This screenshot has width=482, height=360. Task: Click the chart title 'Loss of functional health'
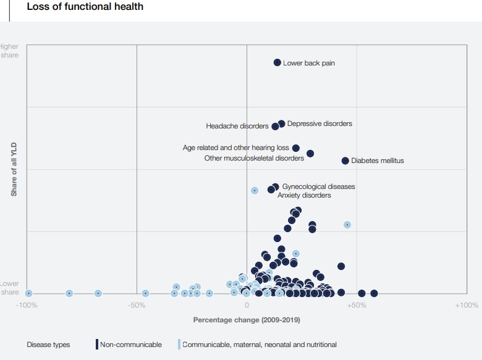85,7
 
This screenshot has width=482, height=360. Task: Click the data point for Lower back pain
277,62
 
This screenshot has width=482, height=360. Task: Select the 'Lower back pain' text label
309,63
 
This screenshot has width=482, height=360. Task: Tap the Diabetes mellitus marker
345,161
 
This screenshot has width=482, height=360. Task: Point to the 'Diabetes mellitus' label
377,161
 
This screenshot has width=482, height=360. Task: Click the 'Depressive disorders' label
319,123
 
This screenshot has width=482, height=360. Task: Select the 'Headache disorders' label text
237,127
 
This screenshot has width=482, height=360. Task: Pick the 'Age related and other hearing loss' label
236,148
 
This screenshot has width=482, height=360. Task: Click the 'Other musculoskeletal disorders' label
254,158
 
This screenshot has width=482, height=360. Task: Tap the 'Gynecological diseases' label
318,186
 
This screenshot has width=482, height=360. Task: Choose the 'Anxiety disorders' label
304,195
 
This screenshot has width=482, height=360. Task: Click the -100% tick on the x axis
27,305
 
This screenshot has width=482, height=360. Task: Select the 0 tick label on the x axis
247,305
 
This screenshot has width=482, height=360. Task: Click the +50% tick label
357,305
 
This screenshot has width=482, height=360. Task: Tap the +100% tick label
466,305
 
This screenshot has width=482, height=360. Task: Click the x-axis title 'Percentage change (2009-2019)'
247,320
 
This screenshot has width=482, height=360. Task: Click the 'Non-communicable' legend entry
130,345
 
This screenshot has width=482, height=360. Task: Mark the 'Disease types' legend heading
48,345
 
